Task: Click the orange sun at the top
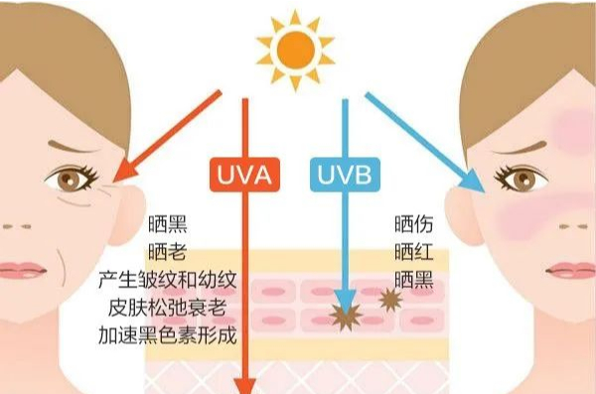(295, 51)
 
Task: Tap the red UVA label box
(244, 175)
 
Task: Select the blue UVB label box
(345, 175)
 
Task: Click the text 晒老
(167, 251)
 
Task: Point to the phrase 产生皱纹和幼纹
(167, 280)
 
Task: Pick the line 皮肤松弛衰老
(167, 308)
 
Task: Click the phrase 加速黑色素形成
(167, 335)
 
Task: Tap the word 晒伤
(414, 223)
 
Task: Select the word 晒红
(414, 251)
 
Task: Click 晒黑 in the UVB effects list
(414, 280)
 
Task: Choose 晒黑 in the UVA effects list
(167, 223)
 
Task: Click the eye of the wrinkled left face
(72, 178)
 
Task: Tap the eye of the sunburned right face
(521, 178)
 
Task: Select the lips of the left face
(22, 271)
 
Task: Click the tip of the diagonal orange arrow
(113, 182)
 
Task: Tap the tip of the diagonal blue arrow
(485, 193)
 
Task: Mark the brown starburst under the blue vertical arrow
(345, 317)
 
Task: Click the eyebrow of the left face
(74, 147)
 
